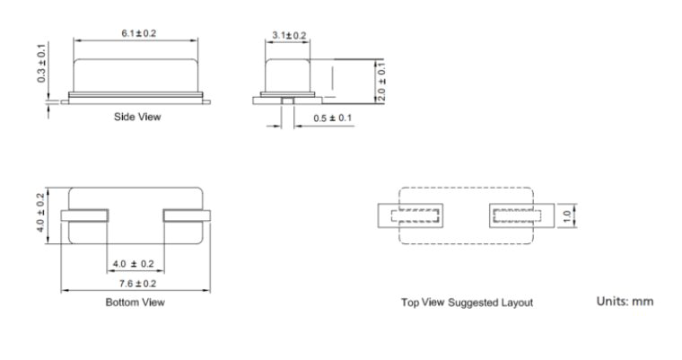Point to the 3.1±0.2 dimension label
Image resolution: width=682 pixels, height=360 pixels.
coord(288,36)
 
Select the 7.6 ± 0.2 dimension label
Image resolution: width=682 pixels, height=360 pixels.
coord(135,285)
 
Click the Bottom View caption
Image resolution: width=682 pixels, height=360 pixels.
coord(135,303)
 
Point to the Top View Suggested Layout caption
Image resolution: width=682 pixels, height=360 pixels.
coord(468,303)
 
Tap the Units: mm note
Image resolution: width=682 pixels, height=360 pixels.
coord(625,302)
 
